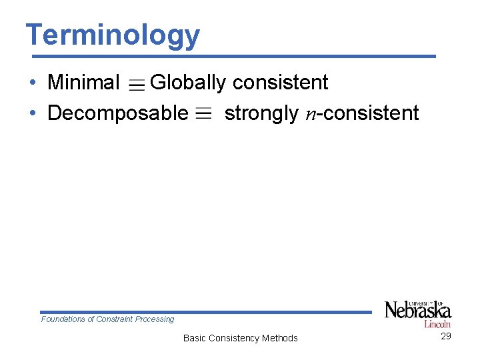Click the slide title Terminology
pos(112,35)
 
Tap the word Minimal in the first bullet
pos(83,83)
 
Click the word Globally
pos(189,83)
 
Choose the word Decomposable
pos(118,113)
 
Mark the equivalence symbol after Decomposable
pos(205,114)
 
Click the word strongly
pos(261,113)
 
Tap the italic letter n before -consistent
pos(311,115)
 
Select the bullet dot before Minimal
pos(33,83)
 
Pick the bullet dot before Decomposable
pos(33,114)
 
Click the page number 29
pos(446,336)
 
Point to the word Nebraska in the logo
pos(417,311)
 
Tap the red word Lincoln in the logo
pos(437,324)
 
